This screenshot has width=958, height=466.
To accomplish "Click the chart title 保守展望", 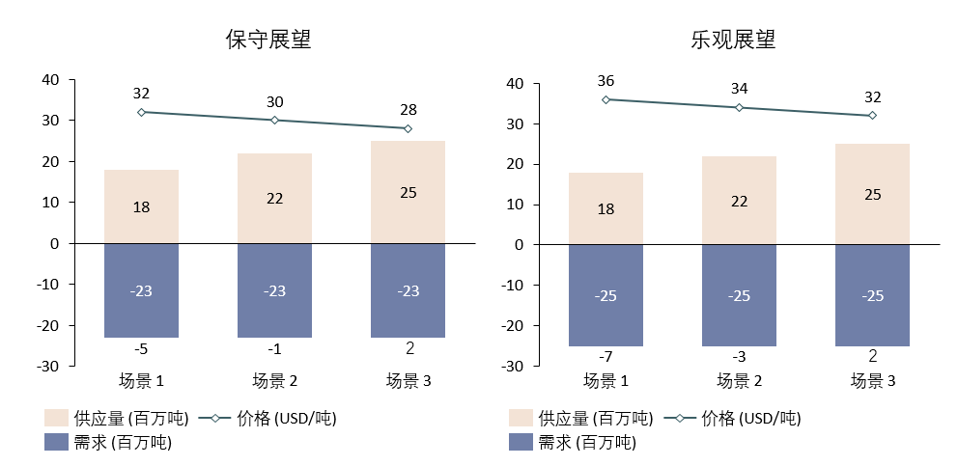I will pos(268,41).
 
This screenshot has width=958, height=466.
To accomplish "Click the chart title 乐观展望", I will pos(732,41).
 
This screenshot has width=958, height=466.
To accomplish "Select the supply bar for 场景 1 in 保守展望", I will pos(141,206).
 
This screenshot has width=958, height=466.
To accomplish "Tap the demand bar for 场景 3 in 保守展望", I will pos(408,290).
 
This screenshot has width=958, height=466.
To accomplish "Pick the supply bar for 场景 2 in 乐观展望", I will pos(739,200).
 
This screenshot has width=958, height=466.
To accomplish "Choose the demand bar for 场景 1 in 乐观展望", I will pos(606,295).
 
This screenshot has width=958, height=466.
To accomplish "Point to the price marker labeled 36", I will pos(606,99).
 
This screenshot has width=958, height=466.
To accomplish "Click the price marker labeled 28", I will pos(408,128).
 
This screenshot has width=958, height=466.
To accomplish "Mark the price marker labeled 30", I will pos(274,121).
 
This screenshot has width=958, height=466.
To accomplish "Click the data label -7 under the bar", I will pos(606,357).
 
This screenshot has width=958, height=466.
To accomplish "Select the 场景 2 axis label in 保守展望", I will pos(274,380).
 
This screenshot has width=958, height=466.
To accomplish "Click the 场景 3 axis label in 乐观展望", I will pos(872,381).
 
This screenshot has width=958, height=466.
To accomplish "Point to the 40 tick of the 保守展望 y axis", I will pos(50,80).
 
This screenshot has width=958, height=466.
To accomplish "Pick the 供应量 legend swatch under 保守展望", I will pos(56,418).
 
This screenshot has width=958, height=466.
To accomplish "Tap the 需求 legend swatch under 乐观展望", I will pos(521,443).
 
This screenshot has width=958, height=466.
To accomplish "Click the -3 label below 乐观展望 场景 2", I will pos(739,357).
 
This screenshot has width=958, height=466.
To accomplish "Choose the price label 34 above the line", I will pos(739,89).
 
